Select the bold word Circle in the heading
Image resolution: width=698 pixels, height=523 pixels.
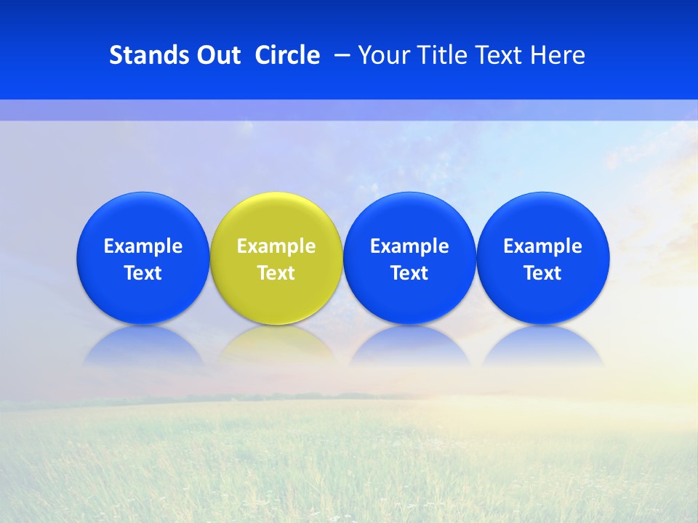pos(287,55)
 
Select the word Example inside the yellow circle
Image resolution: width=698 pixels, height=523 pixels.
pos(276,246)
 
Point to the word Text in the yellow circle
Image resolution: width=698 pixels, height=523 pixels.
pos(276,273)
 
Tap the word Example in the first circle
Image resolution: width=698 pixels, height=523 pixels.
pos(143,246)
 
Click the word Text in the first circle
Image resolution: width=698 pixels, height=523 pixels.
pos(143,273)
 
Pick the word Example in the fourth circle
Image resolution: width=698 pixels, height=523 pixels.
pos(543,246)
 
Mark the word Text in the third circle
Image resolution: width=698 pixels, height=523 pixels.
pos(409,273)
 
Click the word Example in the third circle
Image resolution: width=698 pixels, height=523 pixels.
pos(409,246)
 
